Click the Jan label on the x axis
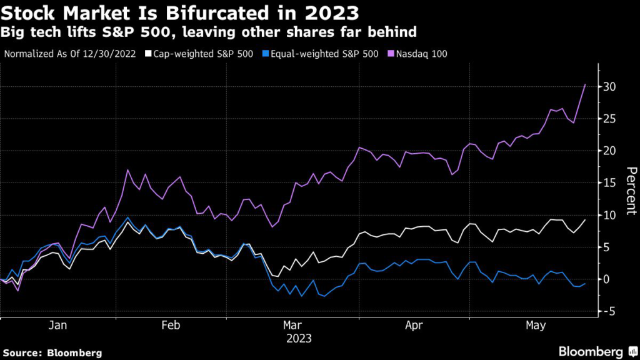(58, 326)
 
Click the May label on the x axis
(536, 326)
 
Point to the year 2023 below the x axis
(299, 339)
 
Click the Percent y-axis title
(630, 191)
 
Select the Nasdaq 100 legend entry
(419, 54)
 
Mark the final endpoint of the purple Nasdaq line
(585, 84)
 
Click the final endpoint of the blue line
(585, 283)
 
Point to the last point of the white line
(585, 219)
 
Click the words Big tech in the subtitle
(27, 31)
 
